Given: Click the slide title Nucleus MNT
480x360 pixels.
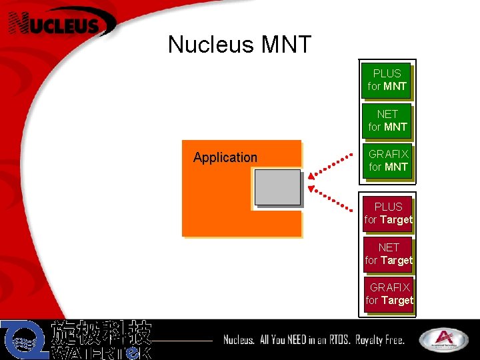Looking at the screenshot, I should click(239, 45).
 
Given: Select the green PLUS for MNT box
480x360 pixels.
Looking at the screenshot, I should click(387, 80).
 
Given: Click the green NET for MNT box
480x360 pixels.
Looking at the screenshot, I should click(387, 121).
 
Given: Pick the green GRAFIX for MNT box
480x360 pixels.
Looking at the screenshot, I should click(388, 161).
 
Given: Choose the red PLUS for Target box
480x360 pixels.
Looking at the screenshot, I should click(388, 213).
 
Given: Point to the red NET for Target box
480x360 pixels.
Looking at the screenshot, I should click(388, 254).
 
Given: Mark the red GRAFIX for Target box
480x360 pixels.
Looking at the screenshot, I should click(389, 294).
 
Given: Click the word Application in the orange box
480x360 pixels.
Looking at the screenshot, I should click(225, 158).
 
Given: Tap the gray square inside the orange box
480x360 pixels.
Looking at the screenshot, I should click(277, 187).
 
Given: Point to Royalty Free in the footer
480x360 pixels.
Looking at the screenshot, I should click(380, 340).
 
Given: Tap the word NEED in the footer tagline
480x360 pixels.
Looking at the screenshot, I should click(297, 340).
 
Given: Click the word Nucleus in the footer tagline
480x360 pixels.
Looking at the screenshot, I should click(239, 340).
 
